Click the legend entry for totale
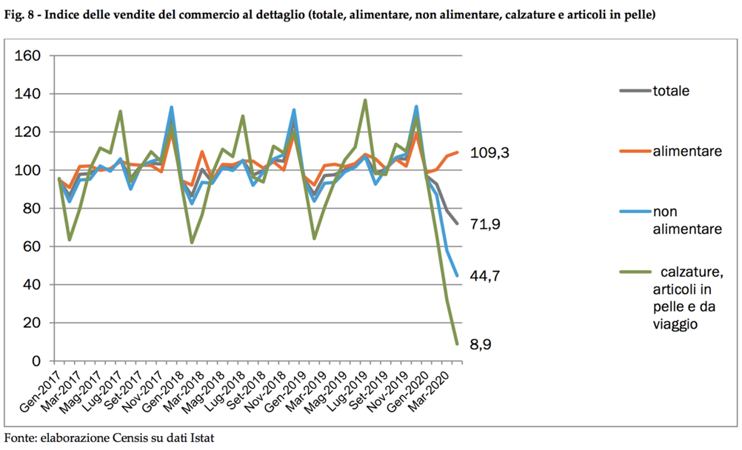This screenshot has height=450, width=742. pyautogui.click(x=672, y=91)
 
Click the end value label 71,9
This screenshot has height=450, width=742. pyautogui.click(x=487, y=224)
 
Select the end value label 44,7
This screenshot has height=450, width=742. pyautogui.click(x=487, y=275)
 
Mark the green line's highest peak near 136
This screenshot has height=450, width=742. pyautogui.click(x=365, y=100)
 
